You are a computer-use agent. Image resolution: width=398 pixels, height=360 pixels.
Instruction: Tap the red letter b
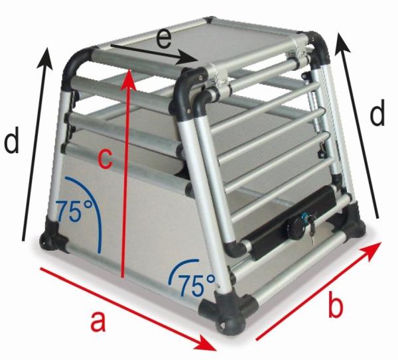[x=336, y=306]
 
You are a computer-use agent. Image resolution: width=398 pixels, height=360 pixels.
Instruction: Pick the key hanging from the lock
[x=306, y=235]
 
